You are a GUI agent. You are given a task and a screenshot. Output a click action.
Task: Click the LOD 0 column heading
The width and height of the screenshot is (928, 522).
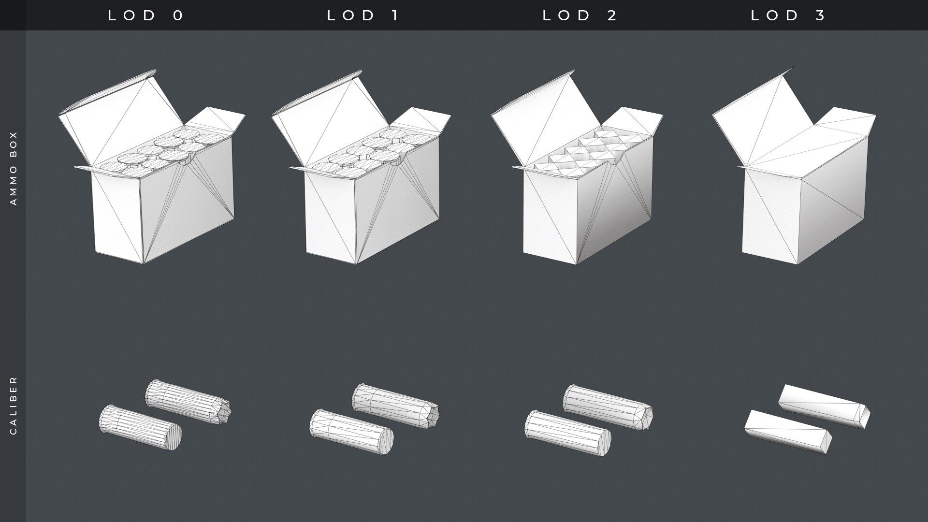point(146,15)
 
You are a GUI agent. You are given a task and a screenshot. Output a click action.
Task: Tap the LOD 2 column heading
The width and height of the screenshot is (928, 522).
point(580,15)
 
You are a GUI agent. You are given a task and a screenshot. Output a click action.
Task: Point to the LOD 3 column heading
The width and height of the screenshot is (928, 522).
point(789,15)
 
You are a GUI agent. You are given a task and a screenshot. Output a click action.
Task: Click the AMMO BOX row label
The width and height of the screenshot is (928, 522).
point(14,168)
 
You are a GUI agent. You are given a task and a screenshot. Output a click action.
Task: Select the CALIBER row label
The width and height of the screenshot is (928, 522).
point(14,405)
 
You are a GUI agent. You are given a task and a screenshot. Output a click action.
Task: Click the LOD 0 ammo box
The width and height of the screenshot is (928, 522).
point(152,167)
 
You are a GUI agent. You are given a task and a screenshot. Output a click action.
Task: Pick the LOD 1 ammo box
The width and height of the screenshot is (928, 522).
point(361,167)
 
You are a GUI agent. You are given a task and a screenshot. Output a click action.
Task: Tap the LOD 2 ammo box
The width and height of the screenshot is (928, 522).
point(577,167)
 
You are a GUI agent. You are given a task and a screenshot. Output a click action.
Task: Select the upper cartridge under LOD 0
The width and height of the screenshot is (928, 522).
point(188,403)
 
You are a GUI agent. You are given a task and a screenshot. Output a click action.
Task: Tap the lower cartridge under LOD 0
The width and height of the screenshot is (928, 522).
point(140,427)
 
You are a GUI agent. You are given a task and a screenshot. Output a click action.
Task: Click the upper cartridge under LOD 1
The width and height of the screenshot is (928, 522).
point(396,406)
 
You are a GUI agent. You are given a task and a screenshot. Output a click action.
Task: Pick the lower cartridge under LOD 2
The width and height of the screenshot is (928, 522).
point(568,433)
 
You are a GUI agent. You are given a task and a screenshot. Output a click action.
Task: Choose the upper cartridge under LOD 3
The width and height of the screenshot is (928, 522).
point(824,406)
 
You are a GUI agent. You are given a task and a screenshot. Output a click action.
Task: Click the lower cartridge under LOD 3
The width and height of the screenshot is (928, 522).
point(788,432)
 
